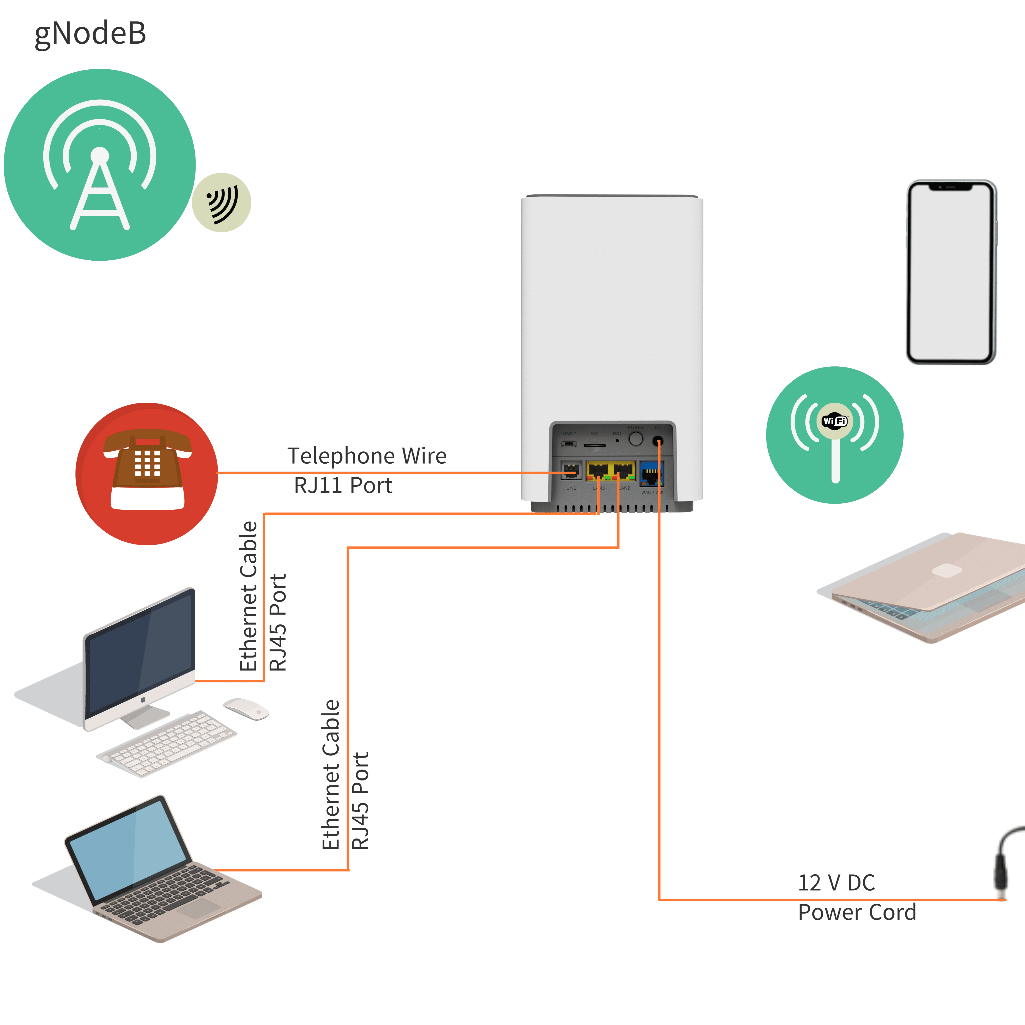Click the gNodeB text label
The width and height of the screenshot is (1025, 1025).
pyautogui.click(x=90, y=34)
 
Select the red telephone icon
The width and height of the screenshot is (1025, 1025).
pyautogui.click(x=147, y=474)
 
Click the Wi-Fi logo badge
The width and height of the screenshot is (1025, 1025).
pyautogui.click(x=834, y=421)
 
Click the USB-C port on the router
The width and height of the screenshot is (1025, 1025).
pyautogui.click(x=569, y=443)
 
